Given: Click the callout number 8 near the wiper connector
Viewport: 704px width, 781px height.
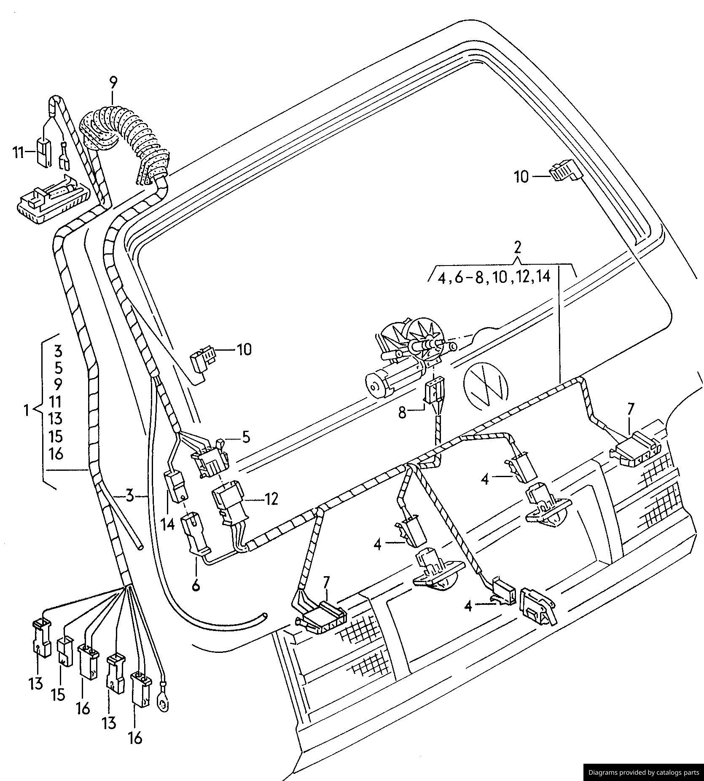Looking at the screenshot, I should [x=403, y=413].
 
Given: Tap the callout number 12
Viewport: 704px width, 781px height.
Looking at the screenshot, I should [x=271, y=499].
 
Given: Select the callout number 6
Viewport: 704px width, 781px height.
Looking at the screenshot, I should [x=196, y=585].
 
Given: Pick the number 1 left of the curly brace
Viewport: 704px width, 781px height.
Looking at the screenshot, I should [x=27, y=410].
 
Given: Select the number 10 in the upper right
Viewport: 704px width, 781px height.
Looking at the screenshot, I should [x=521, y=176].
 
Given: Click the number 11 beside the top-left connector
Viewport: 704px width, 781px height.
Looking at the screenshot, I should [x=18, y=152].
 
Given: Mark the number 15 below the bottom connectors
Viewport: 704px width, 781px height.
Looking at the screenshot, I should [x=59, y=694].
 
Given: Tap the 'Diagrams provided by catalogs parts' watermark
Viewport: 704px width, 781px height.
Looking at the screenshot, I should [x=643, y=773].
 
